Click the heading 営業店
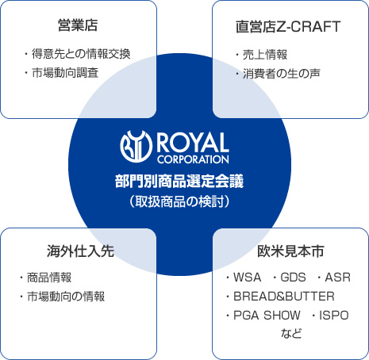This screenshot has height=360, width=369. (x=78, y=25)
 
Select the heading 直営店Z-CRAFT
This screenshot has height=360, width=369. (x=288, y=27)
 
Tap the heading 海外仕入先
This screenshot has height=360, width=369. (x=80, y=251)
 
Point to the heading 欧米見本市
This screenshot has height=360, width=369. (x=290, y=251)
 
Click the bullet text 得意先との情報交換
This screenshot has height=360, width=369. (x=81, y=54)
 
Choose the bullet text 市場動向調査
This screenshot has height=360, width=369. (x=65, y=73)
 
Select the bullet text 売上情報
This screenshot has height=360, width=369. (x=265, y=55)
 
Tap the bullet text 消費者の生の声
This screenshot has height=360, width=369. (x=282, y=74)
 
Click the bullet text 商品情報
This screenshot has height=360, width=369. (x=49, y=278)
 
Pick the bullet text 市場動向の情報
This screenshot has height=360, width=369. (x=66, y=297)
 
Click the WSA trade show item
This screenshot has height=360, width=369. (x=247, y=278)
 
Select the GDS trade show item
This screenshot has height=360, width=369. (x=293, y=278)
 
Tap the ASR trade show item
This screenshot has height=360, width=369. (x=338, y=278)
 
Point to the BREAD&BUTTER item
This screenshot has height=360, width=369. (x=284, y=297)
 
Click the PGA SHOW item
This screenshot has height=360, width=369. (x=267, y=316)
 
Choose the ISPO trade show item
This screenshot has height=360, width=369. (x=334, y=316)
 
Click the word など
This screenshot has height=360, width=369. (x=291, y=333)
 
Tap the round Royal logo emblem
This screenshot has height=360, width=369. (x=136, y=147)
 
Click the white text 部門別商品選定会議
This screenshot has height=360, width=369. (x=179, y=182)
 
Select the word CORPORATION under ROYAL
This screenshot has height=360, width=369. (x=193, y=159)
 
